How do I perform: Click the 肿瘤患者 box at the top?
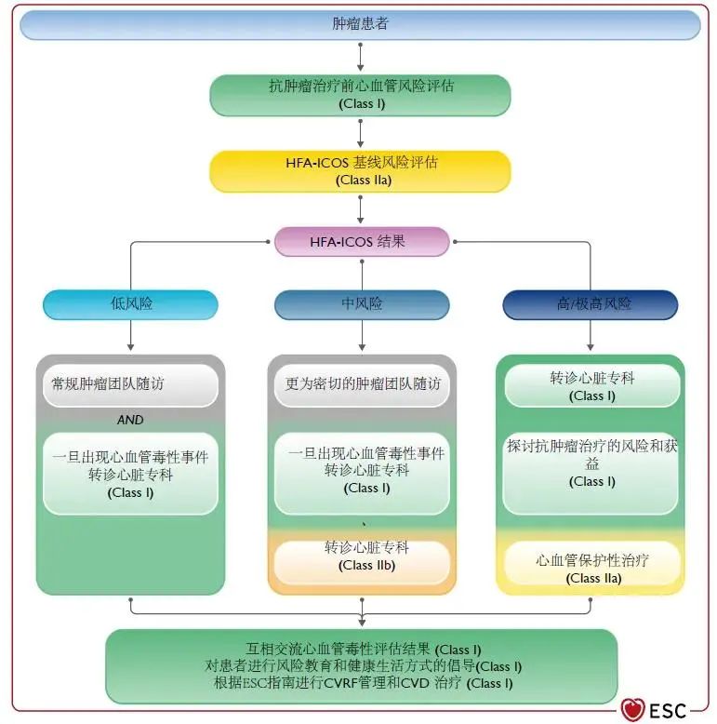[x=360, y=24]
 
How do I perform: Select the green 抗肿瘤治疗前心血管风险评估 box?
[x=360, y=95]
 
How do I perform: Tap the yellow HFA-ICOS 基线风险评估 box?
[x=360, y=170]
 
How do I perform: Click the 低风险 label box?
[x=130, y=304]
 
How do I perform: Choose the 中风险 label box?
[x=362, y=304]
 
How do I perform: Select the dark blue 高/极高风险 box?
[x=591, y=304]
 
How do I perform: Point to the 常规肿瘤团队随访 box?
[x=130, y=383]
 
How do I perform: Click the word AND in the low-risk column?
[x=130, y=420]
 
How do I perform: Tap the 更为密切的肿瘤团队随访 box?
[x=362, y=383]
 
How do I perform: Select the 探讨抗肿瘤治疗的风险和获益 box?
[x=591, y=463]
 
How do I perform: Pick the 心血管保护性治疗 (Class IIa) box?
[x=591, y=568]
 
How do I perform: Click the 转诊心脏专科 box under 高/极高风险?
[x=591, y=386]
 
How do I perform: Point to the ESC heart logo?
[x=634, y=710]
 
